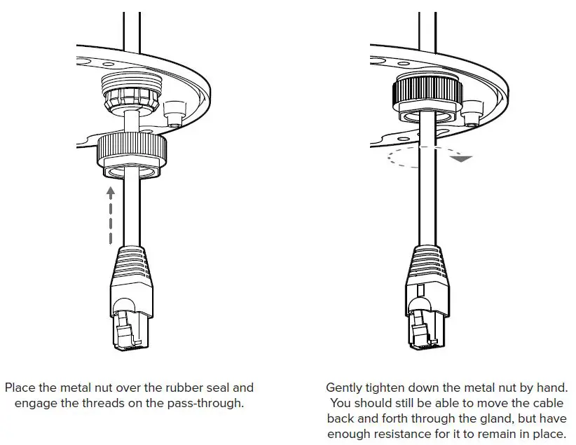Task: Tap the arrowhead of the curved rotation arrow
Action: (460, 158)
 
